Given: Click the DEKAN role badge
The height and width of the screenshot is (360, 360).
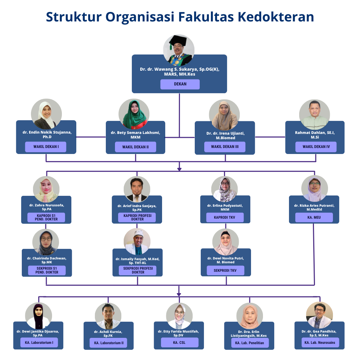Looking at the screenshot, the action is pos(180,84).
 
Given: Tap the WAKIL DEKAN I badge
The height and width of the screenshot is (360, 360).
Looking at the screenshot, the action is pos(46,147).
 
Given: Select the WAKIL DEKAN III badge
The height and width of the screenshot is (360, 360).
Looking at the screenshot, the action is pos(225,147).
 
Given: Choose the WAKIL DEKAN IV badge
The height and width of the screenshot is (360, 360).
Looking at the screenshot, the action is pos(316,147).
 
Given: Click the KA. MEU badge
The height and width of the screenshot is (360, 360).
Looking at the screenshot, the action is pos(314,217).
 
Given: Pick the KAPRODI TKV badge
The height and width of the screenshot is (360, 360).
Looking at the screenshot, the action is pos(225,217).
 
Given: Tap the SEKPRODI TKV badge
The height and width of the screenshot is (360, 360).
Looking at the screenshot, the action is pos(225,271).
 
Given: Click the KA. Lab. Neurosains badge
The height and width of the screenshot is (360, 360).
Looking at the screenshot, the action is pos(320,342).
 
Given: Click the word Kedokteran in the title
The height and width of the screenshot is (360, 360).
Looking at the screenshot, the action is pos(276,17).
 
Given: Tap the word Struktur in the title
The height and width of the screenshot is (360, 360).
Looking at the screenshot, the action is pos(74,17).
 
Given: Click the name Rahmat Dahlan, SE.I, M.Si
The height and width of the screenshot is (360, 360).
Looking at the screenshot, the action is pos(315,135).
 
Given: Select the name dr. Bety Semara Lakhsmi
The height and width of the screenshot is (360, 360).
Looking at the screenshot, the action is pos(135,133).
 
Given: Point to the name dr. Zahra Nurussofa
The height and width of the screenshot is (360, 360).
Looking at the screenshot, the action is pos(47,205).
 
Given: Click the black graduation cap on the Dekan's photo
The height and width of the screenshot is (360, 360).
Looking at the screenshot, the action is pos(178,41).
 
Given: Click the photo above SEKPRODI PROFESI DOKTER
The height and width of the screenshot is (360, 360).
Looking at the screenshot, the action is pos(137,242).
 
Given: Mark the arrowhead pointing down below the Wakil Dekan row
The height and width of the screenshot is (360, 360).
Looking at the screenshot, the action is pos(179,169).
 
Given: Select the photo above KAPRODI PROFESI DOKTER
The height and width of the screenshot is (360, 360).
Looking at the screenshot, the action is pos(137,189).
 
